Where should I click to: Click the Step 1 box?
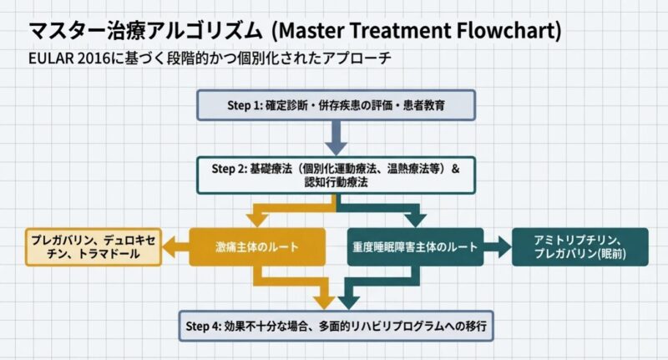337,105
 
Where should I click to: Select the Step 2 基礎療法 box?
337,175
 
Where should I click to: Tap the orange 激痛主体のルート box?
256,247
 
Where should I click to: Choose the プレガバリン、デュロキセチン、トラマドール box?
94,247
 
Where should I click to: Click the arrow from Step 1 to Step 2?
337,137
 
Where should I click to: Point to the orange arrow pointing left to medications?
176,247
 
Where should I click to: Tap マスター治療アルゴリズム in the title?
147,32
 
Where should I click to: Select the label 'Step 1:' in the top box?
245,105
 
